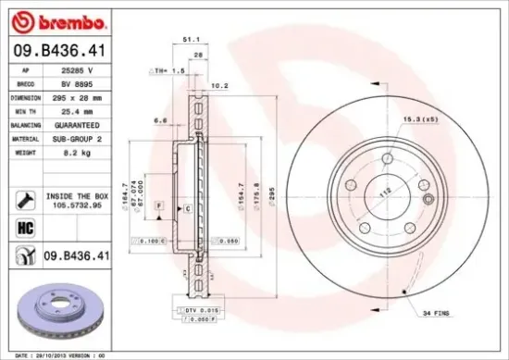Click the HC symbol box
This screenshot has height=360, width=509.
(x=24, y=227)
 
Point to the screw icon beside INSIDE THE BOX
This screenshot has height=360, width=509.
(x=24, y=199)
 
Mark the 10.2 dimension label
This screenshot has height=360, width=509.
(x=219, y=86)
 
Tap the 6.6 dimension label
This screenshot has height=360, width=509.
(x=159, y=119)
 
